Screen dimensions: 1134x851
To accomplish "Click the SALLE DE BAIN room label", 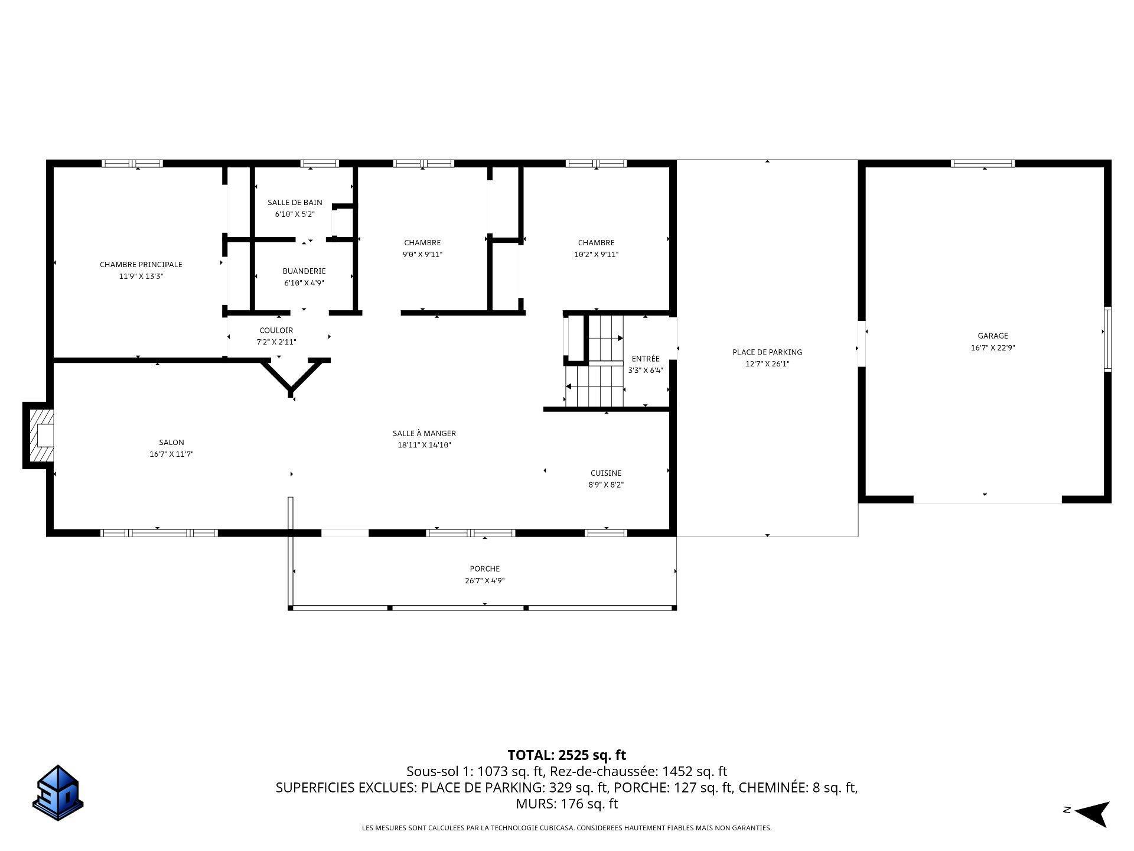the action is click(x=295, y=203).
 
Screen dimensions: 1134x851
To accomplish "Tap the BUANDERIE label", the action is click(x=304, y=271).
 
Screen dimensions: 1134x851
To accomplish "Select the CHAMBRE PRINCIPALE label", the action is click(x=141, y=265).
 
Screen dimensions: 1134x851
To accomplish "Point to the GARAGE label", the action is click(x=993, y=336).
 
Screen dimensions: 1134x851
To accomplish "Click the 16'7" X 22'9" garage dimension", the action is click(x=993, y=348).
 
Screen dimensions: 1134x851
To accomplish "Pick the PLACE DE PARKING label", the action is click(x=767, y=352).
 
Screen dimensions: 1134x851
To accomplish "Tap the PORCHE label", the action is click(x=485, y=569).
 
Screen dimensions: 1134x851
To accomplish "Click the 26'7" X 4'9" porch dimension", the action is click(x=485, y=581).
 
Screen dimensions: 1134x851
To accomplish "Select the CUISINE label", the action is click(x=606, y=473).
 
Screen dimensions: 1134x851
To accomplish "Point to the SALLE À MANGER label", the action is click(x=425, y=434).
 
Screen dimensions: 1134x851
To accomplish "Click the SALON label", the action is click(x=171, y=443).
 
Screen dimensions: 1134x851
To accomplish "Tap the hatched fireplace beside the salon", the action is click(x=39, y=436).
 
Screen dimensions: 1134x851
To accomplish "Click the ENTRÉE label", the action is click(x=646, y=359).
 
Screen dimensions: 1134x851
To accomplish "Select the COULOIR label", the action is click(x=276, y=330).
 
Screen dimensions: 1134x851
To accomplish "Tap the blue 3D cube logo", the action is click(x=58, y=793).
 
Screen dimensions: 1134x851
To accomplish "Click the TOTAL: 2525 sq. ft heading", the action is click(x=567, y=755).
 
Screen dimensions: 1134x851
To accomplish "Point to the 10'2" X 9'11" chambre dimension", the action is click(x=597, y=255).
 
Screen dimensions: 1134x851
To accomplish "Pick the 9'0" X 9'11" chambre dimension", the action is click(x=423, y=255).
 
